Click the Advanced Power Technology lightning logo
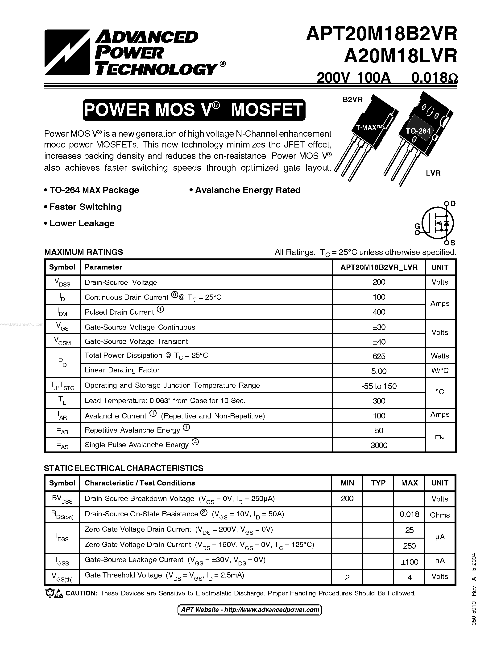pos(67,52)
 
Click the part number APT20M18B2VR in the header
pos(381,34)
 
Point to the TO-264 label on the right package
pos(418,131)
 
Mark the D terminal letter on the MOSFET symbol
pos(453,204)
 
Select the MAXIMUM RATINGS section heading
pos(83,252)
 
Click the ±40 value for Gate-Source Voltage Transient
pos(379,342)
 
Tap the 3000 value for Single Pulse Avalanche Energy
pos(379,445)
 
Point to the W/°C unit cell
pos(439,371)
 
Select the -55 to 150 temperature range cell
pos(379,386)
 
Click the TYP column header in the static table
pos(378,483)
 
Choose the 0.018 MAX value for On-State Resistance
pos(409,514)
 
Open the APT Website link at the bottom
pos(250,610)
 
